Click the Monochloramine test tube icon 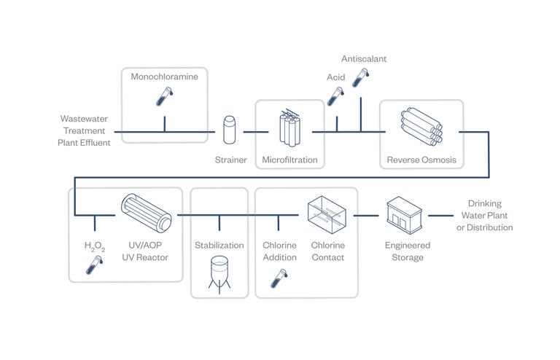point(165,96)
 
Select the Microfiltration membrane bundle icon point(290,130)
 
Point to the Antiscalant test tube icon point(360,77)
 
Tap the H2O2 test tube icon point(93,265)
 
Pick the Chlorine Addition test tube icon point(279,278)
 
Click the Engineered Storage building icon point(406,216)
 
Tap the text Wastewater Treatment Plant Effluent point(85,130)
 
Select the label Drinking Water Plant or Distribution point(484,216)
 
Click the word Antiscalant point(364,58)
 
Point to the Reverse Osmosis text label point(421,160)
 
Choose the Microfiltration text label point(289,160)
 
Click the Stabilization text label point(219,246)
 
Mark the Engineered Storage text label point(407,251)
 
